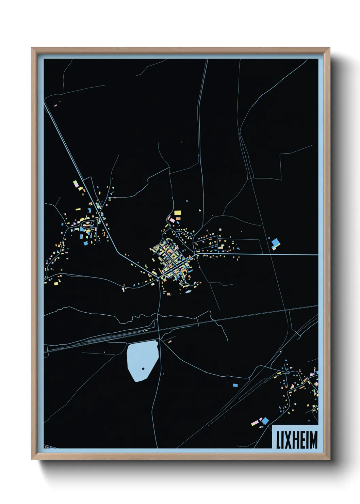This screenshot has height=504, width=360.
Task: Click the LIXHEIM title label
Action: click(x=296, y=439)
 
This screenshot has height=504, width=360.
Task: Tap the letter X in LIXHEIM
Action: click(x=287, y=440)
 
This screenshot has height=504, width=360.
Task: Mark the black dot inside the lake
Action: click(x=143, y=368)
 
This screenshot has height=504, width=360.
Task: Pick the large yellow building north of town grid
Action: click(x=178, y=213)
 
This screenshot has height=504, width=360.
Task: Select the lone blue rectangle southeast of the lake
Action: click(x=235, y=385)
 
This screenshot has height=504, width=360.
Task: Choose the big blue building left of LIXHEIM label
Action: click(x=265, y=421)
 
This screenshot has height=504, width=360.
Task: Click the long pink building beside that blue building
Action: click(x=255, y=423)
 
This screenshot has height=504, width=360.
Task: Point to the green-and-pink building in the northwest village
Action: click(x=76, y=184)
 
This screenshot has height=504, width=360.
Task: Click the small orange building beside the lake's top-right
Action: click(x=169, y=341)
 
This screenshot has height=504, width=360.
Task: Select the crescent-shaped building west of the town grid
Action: click(x=146, y=266)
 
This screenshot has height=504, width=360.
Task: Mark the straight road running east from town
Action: click(x=272, y=254)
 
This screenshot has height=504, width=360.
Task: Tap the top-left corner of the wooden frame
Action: click(x=32, y=48)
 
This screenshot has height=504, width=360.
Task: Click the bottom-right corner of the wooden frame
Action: click(x=329, y=459)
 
